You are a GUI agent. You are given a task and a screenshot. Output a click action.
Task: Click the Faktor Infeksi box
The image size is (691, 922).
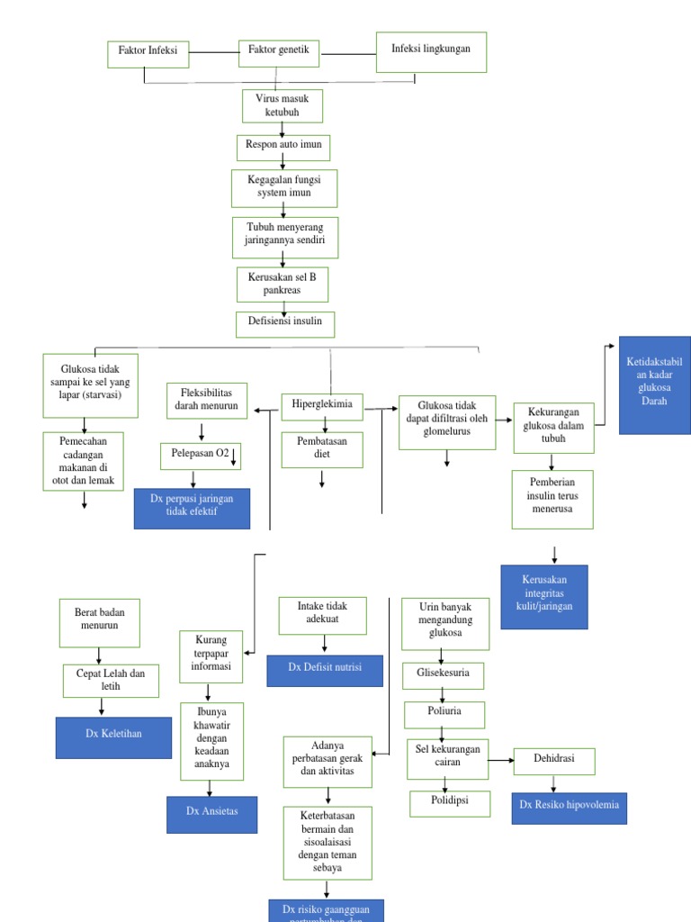click(x=148, y=52)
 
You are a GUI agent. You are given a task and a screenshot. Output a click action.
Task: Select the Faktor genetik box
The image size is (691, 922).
click(x=279, y=51)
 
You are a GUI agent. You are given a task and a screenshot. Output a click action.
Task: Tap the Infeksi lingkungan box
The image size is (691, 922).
click(x=430, y=51)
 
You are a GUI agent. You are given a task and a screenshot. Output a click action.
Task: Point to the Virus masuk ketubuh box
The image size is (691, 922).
click(x=283, y=105)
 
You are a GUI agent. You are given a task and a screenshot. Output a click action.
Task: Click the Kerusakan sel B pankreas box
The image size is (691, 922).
click(x=283, y=285)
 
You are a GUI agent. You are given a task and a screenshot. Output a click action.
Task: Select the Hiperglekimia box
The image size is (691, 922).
click(x=322, y=407)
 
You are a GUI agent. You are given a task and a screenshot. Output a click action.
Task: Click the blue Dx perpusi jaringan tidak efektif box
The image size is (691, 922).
click(x=192, y=508)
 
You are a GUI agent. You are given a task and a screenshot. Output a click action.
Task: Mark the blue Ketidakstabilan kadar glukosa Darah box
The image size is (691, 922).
click(x=654, y=385)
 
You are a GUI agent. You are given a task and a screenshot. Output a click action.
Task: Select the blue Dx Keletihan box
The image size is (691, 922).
click(x=113, y=734)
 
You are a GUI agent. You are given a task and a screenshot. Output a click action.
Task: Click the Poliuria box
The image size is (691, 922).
click(x=444, y=715)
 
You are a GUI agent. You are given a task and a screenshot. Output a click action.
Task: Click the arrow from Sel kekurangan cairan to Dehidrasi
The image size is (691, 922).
click(x=501, y=761)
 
